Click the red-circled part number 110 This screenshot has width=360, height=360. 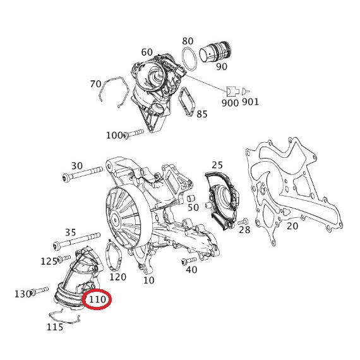[x=97, y=299]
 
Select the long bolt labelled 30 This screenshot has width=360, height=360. [x=82, y=174]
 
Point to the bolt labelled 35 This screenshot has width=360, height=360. [x=76, y=241]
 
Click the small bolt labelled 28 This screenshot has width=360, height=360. [x=243, y=222]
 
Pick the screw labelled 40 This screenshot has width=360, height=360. [x=189, y=261]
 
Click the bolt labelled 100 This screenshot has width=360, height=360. [x=134, y=133]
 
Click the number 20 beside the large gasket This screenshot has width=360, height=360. [x=292, y=226]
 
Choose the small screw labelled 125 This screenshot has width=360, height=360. [x=64, y=259]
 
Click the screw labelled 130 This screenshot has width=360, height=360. [x=39, y=291]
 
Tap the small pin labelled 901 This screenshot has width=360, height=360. [x=245, y=92]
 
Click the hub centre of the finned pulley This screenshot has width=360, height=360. [x=114, y=220]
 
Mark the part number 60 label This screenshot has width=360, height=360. [x=147, y=52]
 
